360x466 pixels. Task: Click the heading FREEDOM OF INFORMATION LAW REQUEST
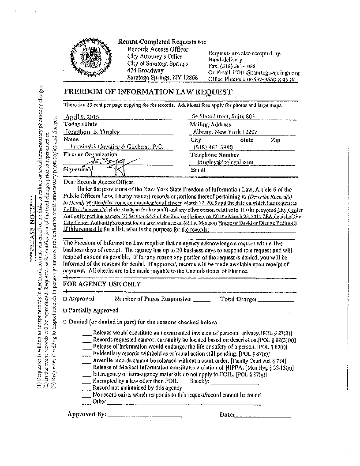point(147,92)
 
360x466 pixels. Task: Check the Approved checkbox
point(65,299)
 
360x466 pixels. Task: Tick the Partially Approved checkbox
point(65,311)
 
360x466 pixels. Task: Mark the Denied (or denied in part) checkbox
point(65,322)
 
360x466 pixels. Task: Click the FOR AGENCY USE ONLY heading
point(102,284)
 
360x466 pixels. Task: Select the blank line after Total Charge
point(275,300)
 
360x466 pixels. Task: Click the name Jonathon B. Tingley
point(92,132)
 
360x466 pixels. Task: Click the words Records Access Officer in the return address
point(158,49)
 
